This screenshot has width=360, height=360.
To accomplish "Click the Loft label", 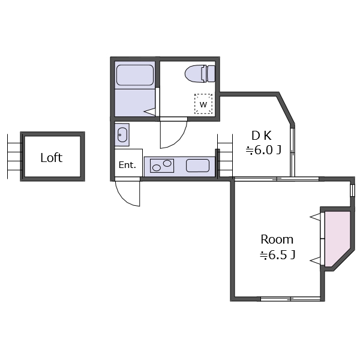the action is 52,158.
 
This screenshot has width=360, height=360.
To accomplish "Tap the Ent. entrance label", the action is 127,165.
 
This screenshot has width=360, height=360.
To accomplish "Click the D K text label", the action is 262,136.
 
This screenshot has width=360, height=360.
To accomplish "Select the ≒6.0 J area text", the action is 263,150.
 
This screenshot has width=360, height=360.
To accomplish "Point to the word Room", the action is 277,239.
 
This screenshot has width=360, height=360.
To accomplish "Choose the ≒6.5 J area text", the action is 278,255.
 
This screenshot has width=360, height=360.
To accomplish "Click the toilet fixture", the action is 200,74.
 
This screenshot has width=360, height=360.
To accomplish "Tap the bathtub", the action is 135,75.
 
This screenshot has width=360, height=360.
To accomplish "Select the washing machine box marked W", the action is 203,104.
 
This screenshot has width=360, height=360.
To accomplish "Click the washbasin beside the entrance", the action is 122,135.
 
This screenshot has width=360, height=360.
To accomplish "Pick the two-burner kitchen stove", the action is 162,166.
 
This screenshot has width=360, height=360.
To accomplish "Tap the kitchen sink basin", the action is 197,166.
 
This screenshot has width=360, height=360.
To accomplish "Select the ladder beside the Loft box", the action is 14,157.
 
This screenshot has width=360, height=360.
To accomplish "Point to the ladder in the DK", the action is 225,157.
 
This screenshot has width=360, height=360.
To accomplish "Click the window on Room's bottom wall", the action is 290,299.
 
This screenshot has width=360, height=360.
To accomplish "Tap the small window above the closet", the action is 352,190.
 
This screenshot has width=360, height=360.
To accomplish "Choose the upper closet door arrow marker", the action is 315,217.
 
